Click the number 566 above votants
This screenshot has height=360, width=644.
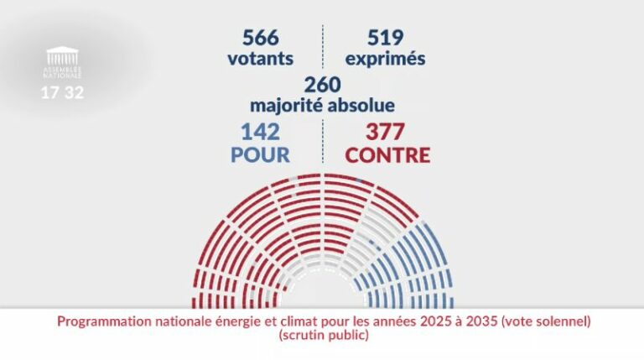tap(260, 38)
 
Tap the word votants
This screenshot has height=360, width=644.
tap(260, 60)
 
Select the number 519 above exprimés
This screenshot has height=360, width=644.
tap(385, 38)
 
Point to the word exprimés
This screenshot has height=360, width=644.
tap(385, 60)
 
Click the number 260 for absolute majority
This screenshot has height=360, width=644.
tap(322, 85)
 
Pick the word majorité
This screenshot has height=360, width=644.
tap(287, 107)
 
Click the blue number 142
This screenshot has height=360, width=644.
tap(260, 132)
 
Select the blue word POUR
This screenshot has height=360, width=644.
tap(260, 155)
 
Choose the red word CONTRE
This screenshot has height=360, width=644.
tap(387, 155)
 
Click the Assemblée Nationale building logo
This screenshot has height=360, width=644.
tap(63, 57)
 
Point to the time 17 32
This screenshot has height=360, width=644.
tap(63, 92)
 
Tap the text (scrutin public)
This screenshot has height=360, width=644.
tap(322, 335)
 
